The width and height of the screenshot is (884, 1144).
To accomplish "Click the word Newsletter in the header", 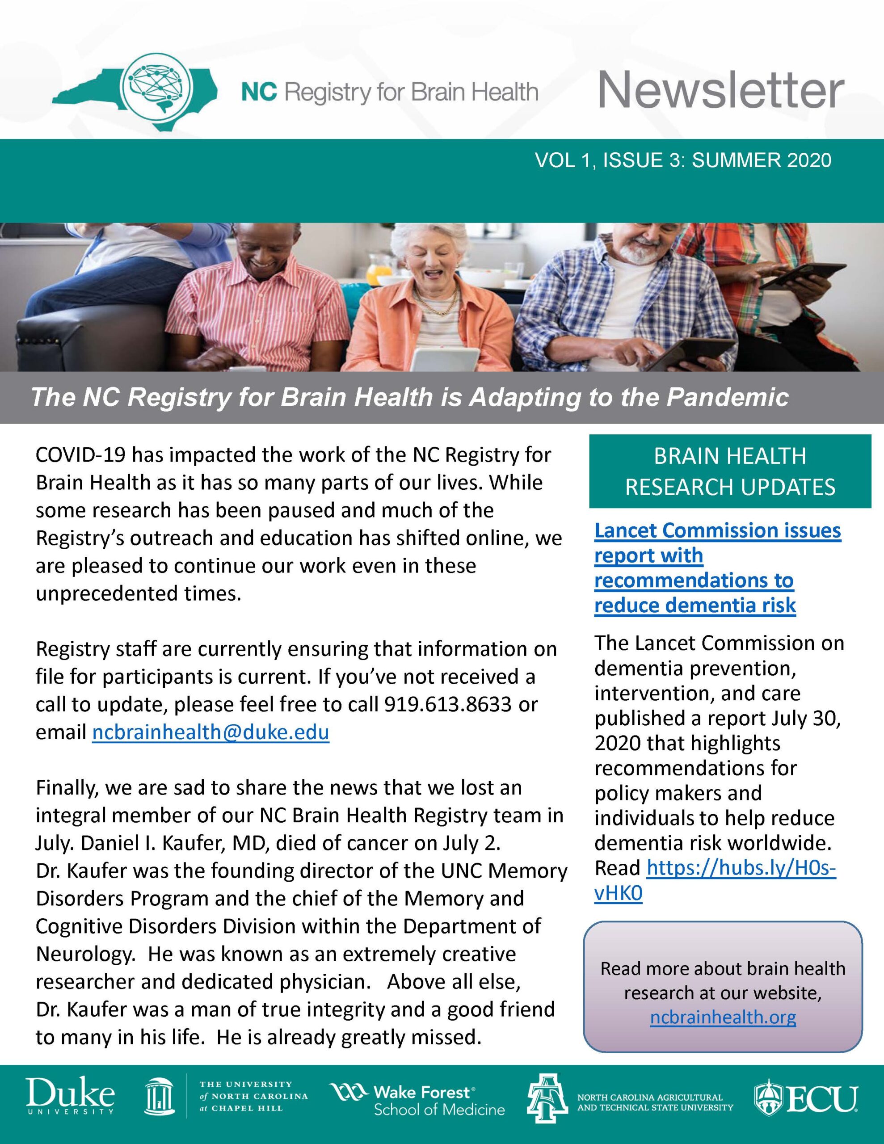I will [x=720, y=90].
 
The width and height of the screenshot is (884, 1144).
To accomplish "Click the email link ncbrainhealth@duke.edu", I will [x=210, y=732].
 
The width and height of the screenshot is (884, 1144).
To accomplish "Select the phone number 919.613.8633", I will [x=447, y=705].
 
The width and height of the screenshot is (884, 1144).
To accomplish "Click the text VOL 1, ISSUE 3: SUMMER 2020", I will [x=683, y=160].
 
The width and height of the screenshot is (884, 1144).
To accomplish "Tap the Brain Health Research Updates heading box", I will [x=729, y=471].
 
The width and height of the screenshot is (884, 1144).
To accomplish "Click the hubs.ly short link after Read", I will [x=741, y=868].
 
